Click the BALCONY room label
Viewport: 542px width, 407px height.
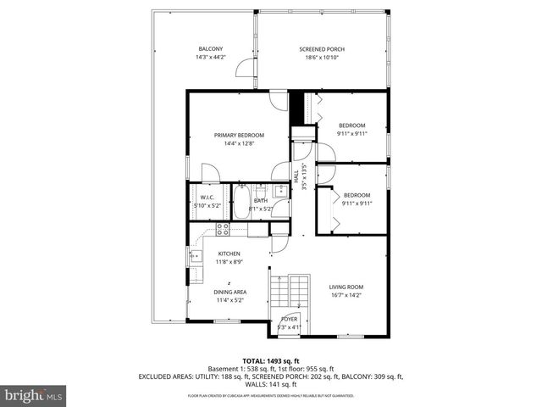coord(211,48)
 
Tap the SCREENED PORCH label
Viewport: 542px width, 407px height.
coord(322,48)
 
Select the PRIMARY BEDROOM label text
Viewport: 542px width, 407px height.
coord(239,135)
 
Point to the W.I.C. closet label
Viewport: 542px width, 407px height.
coord(207,198)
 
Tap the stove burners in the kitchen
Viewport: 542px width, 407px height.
coord(222,228)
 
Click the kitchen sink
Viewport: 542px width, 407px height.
coord(195,254)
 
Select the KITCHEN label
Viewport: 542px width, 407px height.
coord(230,254)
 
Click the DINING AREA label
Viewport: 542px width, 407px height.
coord(230,291)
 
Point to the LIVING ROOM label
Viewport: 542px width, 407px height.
coord(346,287)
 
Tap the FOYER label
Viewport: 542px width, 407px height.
coord(289,319)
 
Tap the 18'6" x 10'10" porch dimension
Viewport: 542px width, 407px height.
coord(322,58)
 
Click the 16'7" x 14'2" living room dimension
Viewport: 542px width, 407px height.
coord(346,297)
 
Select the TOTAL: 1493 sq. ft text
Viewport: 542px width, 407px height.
coord(270,361)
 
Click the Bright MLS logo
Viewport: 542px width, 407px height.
coord(34,395)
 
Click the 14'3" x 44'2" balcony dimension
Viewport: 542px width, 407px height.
coord(211,58)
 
